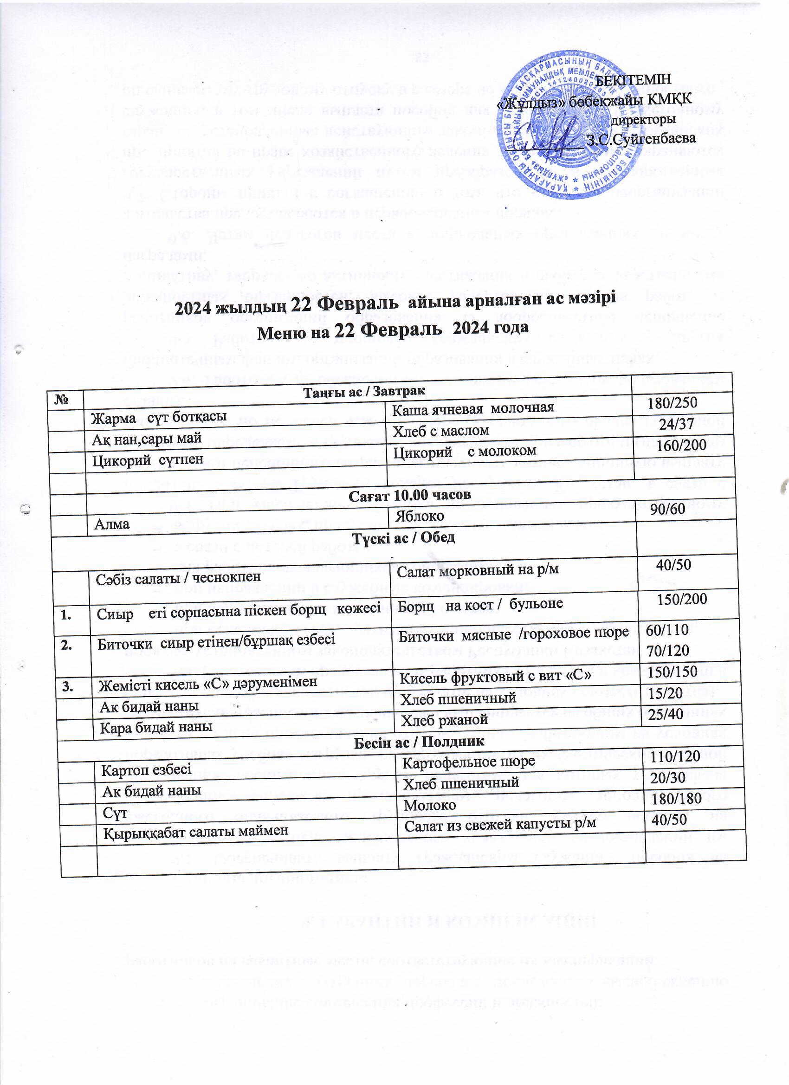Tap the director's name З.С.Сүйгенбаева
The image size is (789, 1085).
[x=640, y=139]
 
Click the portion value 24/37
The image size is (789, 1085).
[x=676, y=423]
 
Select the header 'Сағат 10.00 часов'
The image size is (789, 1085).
[x=409, y=495]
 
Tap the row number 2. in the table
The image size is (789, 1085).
[x=66, y=645]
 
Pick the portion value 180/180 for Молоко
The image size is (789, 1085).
[x=677, y=798]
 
